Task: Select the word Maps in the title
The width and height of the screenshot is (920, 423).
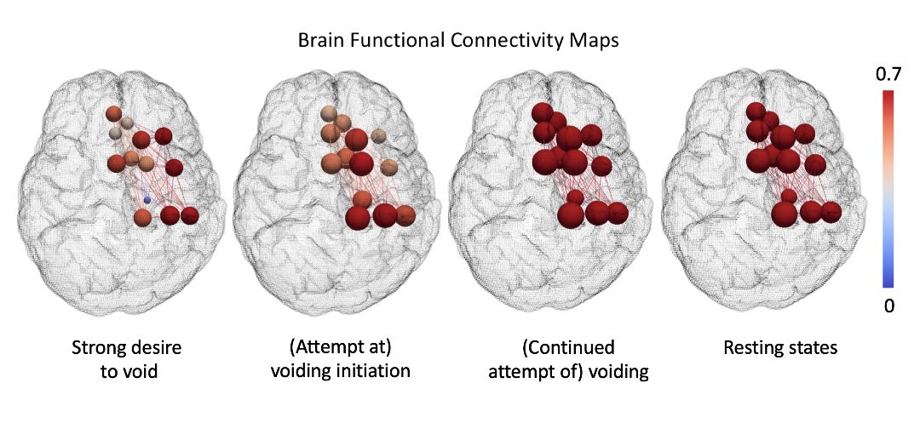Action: click(597, 43)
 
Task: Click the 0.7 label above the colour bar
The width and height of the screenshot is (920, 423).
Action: click(888, 76)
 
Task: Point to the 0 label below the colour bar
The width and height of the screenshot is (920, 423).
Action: click(888, 306)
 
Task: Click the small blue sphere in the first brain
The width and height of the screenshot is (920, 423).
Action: click(147, 200)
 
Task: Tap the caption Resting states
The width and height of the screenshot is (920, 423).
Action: click(779, 348)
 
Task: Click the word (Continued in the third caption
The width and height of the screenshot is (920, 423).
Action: click(568, 348)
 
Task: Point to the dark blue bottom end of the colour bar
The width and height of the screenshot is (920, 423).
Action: click(888, 284)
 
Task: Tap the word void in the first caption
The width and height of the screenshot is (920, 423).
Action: click(141, 371)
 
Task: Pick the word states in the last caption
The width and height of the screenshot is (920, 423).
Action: click(814, 348)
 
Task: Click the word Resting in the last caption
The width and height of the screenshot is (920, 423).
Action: click(754, 348)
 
